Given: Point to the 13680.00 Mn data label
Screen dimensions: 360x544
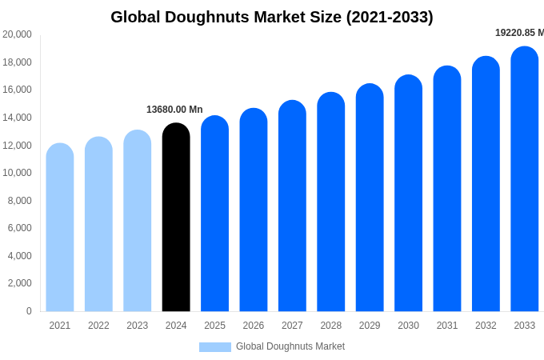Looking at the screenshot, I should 174,110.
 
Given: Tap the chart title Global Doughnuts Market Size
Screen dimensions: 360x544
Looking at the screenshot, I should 272,17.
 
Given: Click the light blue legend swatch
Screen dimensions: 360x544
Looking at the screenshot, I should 214,347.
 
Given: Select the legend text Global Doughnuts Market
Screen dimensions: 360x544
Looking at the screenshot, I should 290,346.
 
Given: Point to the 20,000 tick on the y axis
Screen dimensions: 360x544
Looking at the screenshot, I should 17,34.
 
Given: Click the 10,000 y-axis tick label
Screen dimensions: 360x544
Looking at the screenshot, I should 17,173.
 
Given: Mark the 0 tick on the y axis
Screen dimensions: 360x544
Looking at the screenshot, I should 29,311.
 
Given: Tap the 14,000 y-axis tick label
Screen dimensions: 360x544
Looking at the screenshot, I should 17,118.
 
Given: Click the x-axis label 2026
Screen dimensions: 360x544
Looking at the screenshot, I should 254,326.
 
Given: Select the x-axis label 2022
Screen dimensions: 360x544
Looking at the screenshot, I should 98,326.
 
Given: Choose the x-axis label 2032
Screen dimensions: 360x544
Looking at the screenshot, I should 486,326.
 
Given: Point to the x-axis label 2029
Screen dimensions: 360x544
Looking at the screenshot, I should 370,326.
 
